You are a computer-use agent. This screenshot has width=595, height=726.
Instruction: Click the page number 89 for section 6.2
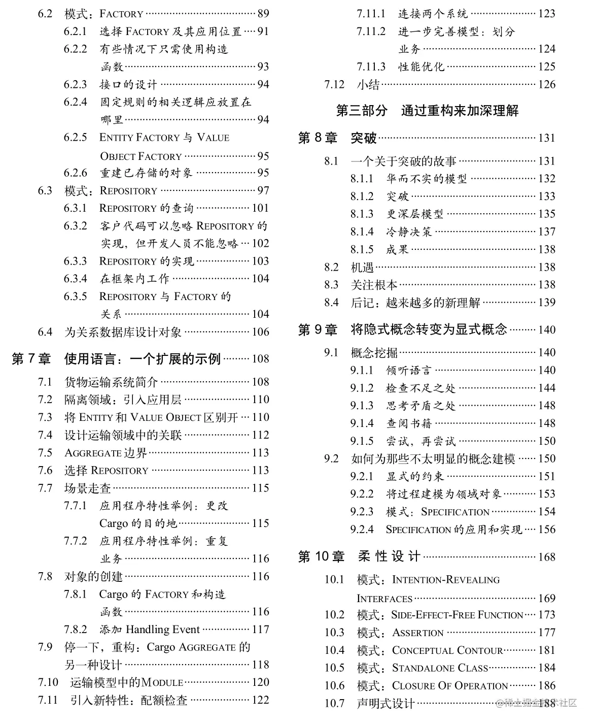tap(263, 14)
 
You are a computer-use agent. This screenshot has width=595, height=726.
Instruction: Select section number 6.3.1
tap(75, 208)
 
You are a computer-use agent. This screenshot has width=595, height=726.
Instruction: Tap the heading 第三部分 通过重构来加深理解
tap(427, 111)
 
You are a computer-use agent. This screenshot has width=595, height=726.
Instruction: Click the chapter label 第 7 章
tap(31, 359)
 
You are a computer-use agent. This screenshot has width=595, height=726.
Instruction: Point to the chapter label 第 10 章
tap(321, 557)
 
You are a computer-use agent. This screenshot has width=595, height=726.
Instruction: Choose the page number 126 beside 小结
tap(546, 84)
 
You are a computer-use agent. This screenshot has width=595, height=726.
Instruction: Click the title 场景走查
tap(88, 488)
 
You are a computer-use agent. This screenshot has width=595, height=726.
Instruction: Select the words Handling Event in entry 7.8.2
tap(163, 630)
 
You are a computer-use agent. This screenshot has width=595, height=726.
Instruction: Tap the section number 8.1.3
tap(362, 214)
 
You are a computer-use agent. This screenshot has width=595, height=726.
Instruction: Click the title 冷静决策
tap(409, 232)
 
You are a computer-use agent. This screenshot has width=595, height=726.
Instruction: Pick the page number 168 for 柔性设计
tap(546, 557)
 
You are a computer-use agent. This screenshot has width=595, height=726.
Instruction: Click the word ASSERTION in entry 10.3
tap(418, 633)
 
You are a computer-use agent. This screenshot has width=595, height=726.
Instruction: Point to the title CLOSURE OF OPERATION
tap(450, 686)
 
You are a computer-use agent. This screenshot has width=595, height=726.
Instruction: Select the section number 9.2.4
tap(362, 530)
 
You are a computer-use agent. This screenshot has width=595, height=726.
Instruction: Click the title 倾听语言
tap(409, 371)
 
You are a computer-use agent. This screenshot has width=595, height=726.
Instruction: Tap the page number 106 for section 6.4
tap(260, 332)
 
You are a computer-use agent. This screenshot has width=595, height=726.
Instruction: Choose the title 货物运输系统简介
tap(111, 382)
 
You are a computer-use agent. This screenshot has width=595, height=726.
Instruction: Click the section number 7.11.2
tap(371, 31)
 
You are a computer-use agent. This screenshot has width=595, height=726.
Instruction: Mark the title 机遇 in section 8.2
tap(362, 267)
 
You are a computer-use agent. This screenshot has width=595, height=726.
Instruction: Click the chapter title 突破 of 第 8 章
tap(364, 138)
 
